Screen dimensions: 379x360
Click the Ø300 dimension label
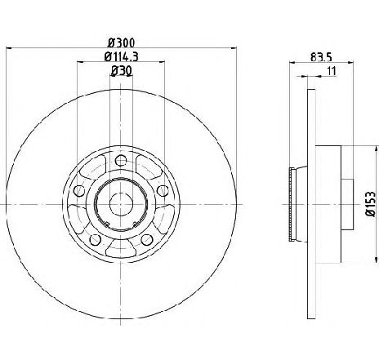(x=121, y=42)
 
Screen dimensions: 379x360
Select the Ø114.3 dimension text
(x=122, y=57)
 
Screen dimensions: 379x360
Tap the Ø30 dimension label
(x=122, y=71)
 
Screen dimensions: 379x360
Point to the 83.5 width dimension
(x=321, y=57)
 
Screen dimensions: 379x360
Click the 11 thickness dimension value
(x=332, y=71)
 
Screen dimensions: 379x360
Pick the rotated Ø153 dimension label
(x=371, y=204)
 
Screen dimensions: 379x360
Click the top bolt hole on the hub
(x=121, y=160)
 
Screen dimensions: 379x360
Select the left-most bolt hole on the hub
(x=79, y=190)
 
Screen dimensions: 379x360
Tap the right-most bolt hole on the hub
(x=163, y=190)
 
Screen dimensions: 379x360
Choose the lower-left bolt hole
(x=95, y=239)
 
